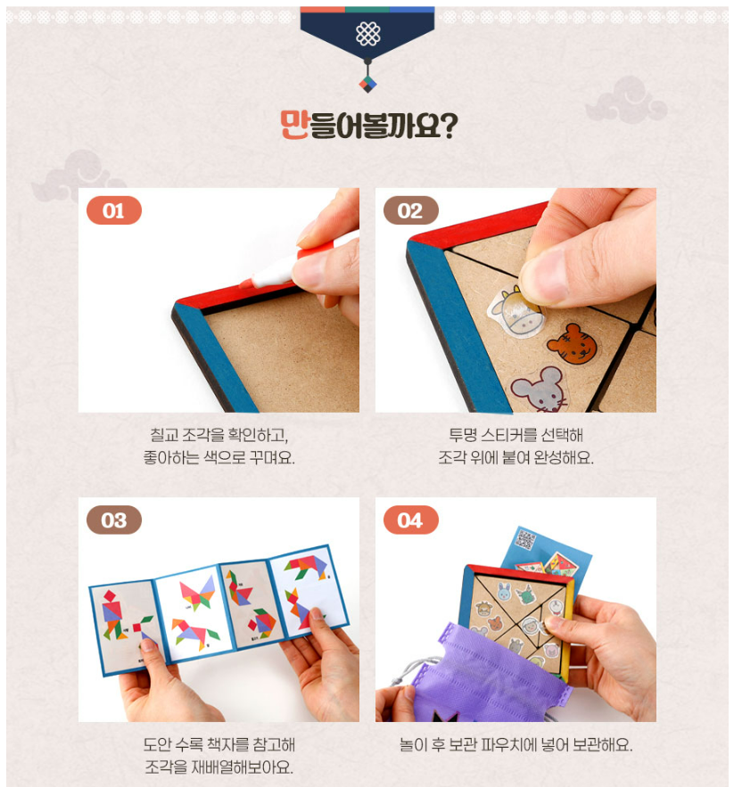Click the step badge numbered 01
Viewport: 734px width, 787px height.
click(x=114, y=210)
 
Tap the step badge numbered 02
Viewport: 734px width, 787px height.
click(x=411, y=210)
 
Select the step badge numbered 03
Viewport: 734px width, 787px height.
click(x=114, y=520)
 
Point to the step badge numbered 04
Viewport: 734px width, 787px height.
click(x=411, y=520)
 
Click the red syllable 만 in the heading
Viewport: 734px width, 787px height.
click(x=294, y=125)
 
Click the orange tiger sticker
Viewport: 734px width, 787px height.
click(x=573, y=343)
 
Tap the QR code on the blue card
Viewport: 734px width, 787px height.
click(x=525, y=539)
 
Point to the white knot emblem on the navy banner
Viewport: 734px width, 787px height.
click(x=367, y=34)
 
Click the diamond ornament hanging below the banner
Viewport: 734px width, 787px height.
click(x=367, y=84)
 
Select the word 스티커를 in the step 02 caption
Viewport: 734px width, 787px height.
click(x=508, y=435)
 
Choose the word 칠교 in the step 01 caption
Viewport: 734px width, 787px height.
click(x=164, y=435)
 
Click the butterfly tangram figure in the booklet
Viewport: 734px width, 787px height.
click(x=197, y=593)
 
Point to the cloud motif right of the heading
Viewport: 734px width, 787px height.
click(x=626, y=101)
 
